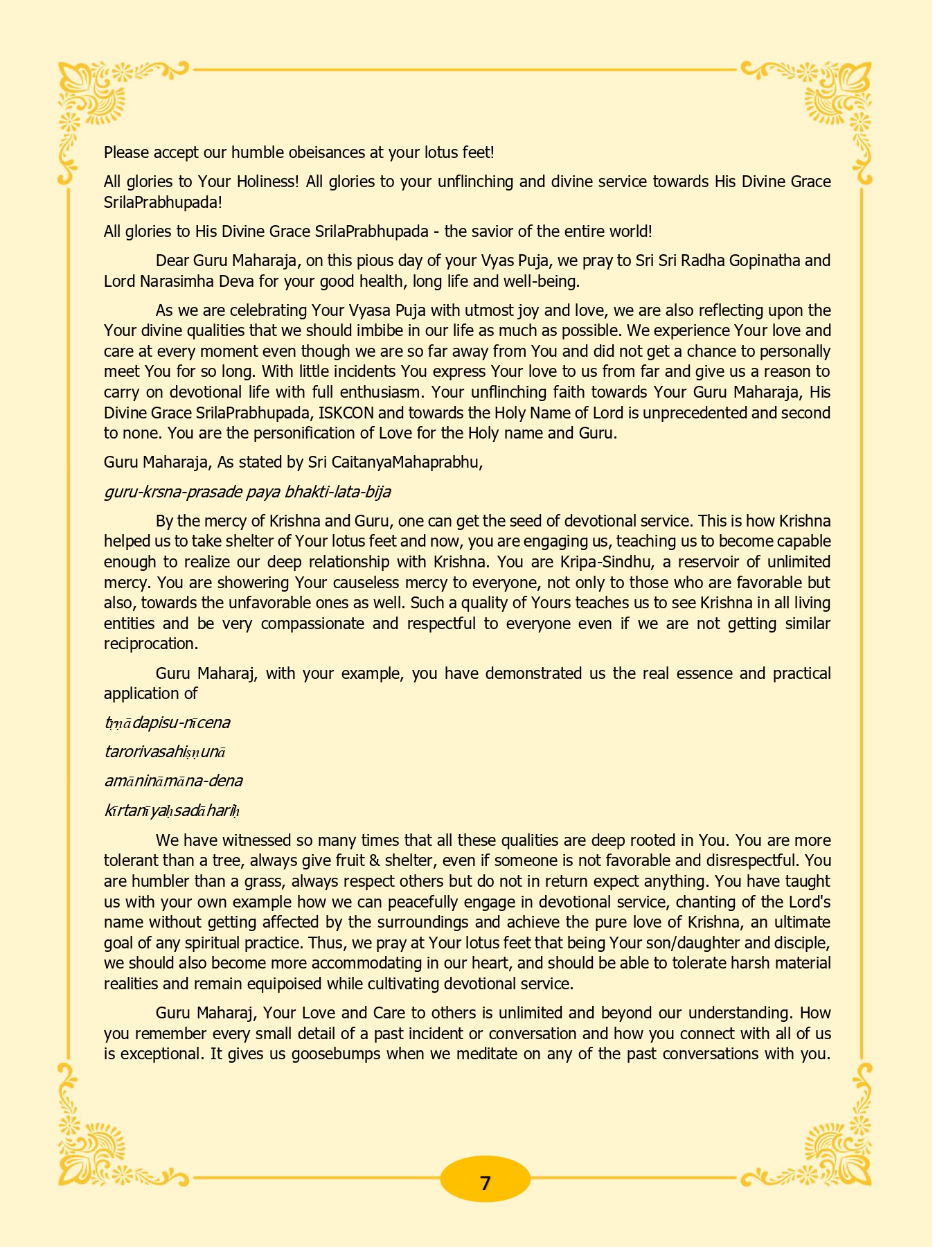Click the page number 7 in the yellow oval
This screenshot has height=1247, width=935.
(485, 1183)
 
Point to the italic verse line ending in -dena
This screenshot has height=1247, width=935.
(173, 781)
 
